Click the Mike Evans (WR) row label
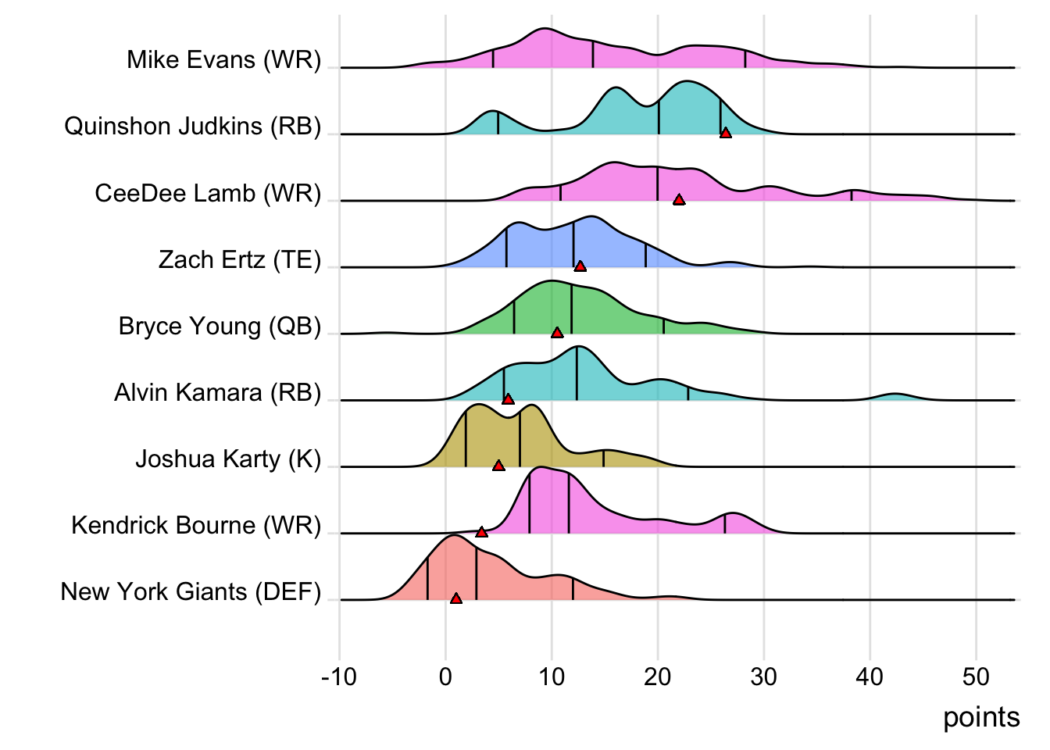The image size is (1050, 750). click(223, 60)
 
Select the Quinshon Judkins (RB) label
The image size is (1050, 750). click(192, 127)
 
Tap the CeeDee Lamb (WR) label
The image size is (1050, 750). click(208, 193)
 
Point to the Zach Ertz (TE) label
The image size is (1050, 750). click(239, 259)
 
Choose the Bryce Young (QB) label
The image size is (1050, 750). click(220, 326)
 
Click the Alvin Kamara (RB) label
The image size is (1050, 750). click(217, 392)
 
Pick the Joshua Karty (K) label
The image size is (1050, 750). click(228, 459)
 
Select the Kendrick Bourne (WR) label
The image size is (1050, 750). click(196, 525)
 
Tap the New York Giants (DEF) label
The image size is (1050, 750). click(191, 591)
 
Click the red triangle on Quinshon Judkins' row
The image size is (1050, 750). click(726, 134)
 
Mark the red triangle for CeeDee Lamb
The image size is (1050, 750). click(679, 200)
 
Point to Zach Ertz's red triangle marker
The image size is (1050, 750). click(580, 266)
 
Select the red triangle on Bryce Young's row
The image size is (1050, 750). click(557, 333)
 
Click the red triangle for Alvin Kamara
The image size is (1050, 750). click(508, 399)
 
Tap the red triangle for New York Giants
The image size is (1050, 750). click(456, 598)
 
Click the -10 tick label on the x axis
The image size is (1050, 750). click(339, 677)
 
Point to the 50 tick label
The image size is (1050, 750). click(976, 677)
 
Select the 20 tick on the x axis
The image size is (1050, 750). click(658, 677)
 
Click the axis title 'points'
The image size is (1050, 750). click(981, 717)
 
